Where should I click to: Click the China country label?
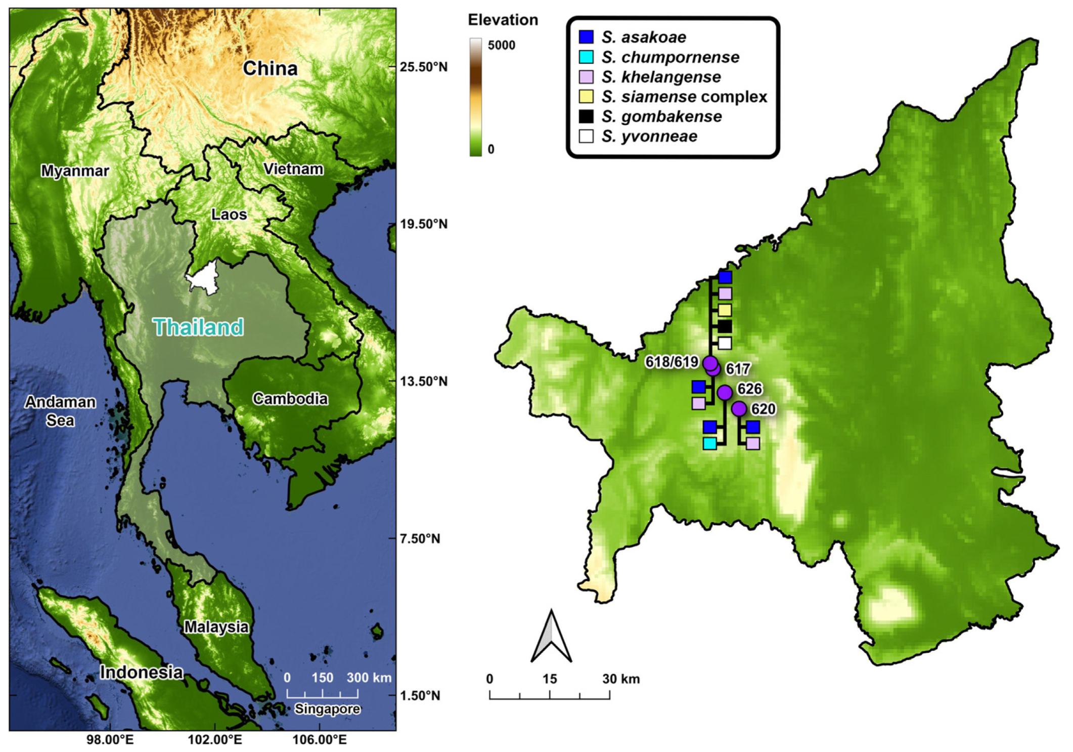[270, 68]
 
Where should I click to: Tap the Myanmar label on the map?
[75, 171]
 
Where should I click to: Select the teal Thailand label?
[198, 327]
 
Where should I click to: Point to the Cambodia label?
[290, 399]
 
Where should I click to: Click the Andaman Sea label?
[60, 411]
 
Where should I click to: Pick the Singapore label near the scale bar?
[327, 709]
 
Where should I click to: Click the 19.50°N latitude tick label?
[424, 224]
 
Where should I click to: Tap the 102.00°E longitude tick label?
[215, 740]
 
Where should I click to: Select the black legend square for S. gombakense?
[586, 116]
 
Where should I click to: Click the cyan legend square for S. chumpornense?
[586, 57]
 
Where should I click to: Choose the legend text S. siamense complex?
[684, 97]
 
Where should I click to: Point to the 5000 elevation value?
[501, 46]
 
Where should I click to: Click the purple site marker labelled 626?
[725, 392]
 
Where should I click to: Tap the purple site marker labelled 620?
[739, 408]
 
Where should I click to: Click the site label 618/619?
[672, 362]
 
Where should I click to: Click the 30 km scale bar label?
[621, 679]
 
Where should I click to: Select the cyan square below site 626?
[710, 443]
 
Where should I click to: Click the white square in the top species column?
[725, 343]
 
